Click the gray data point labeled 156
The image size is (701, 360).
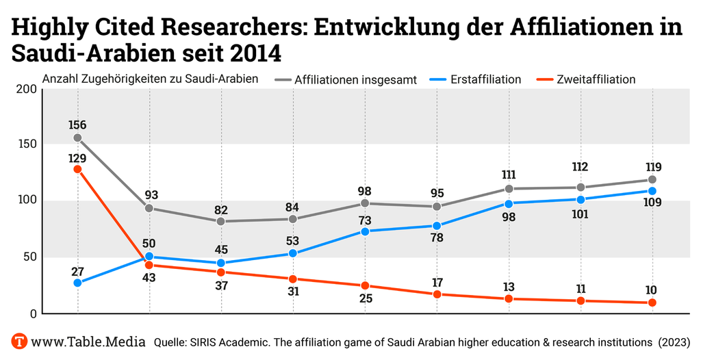click(77, 138)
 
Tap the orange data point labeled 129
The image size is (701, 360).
click(77, 169)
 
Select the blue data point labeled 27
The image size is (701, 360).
click(77, 283)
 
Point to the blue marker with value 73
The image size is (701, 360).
click(365, 231)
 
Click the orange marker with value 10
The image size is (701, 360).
click(652, 303)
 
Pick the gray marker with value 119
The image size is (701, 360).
click(652, 180)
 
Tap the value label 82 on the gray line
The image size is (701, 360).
click(220, 210)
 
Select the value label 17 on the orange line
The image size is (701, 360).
click(437, 281)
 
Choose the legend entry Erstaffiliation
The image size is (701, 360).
click(485, 79)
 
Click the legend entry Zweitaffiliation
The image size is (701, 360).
click(596, 79)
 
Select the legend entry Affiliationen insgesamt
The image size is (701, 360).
click(355, 79)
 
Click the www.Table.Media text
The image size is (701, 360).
click(88, 341)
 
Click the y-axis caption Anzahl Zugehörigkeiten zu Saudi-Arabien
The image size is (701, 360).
click(150, 79)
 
